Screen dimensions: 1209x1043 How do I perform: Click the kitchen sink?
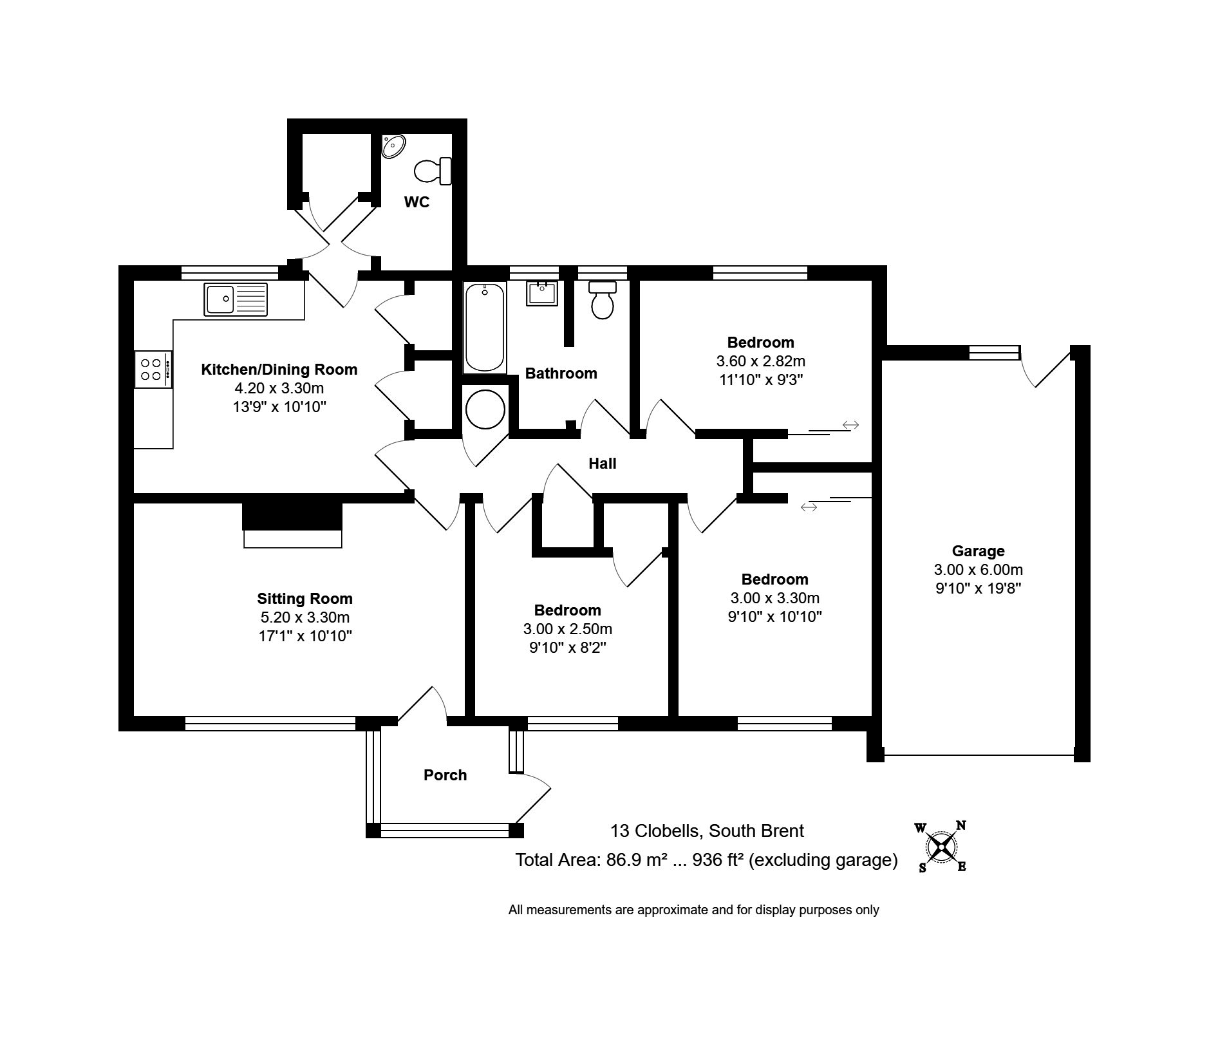coord(235,299)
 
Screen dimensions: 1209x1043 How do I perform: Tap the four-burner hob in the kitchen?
coord(153,369)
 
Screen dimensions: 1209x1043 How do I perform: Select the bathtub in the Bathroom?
coord(484,327)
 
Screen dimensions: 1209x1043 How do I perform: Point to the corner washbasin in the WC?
coord(392,146)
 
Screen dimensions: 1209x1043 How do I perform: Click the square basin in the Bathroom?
coord(541,293)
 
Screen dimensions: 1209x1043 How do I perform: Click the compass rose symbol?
coord(941,848)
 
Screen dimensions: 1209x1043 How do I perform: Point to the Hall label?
coord(602,463)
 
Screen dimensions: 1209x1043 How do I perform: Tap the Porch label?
coord(445,775)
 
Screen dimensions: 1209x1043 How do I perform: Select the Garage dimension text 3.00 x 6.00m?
coord(978,569)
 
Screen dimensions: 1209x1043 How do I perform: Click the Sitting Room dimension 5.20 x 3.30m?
coord(305,617)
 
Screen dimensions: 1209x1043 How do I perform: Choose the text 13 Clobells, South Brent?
coord(707,831)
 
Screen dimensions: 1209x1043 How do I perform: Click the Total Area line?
coord(706,860)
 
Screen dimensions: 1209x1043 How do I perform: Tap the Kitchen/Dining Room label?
coord(279,370)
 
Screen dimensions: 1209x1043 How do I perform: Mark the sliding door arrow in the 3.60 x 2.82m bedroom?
coord(850,425)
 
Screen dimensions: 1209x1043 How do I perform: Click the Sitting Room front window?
coord(270,724)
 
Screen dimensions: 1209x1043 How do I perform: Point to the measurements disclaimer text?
coord(693,910)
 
